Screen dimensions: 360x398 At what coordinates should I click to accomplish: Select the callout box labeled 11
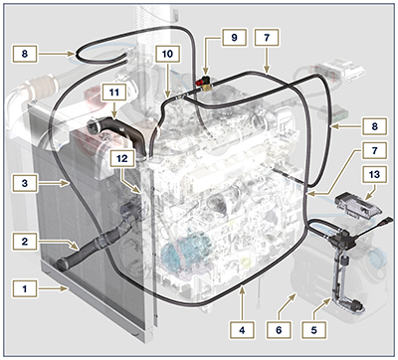point(116,91)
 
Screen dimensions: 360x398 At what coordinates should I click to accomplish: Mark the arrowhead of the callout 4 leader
point(242,289)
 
